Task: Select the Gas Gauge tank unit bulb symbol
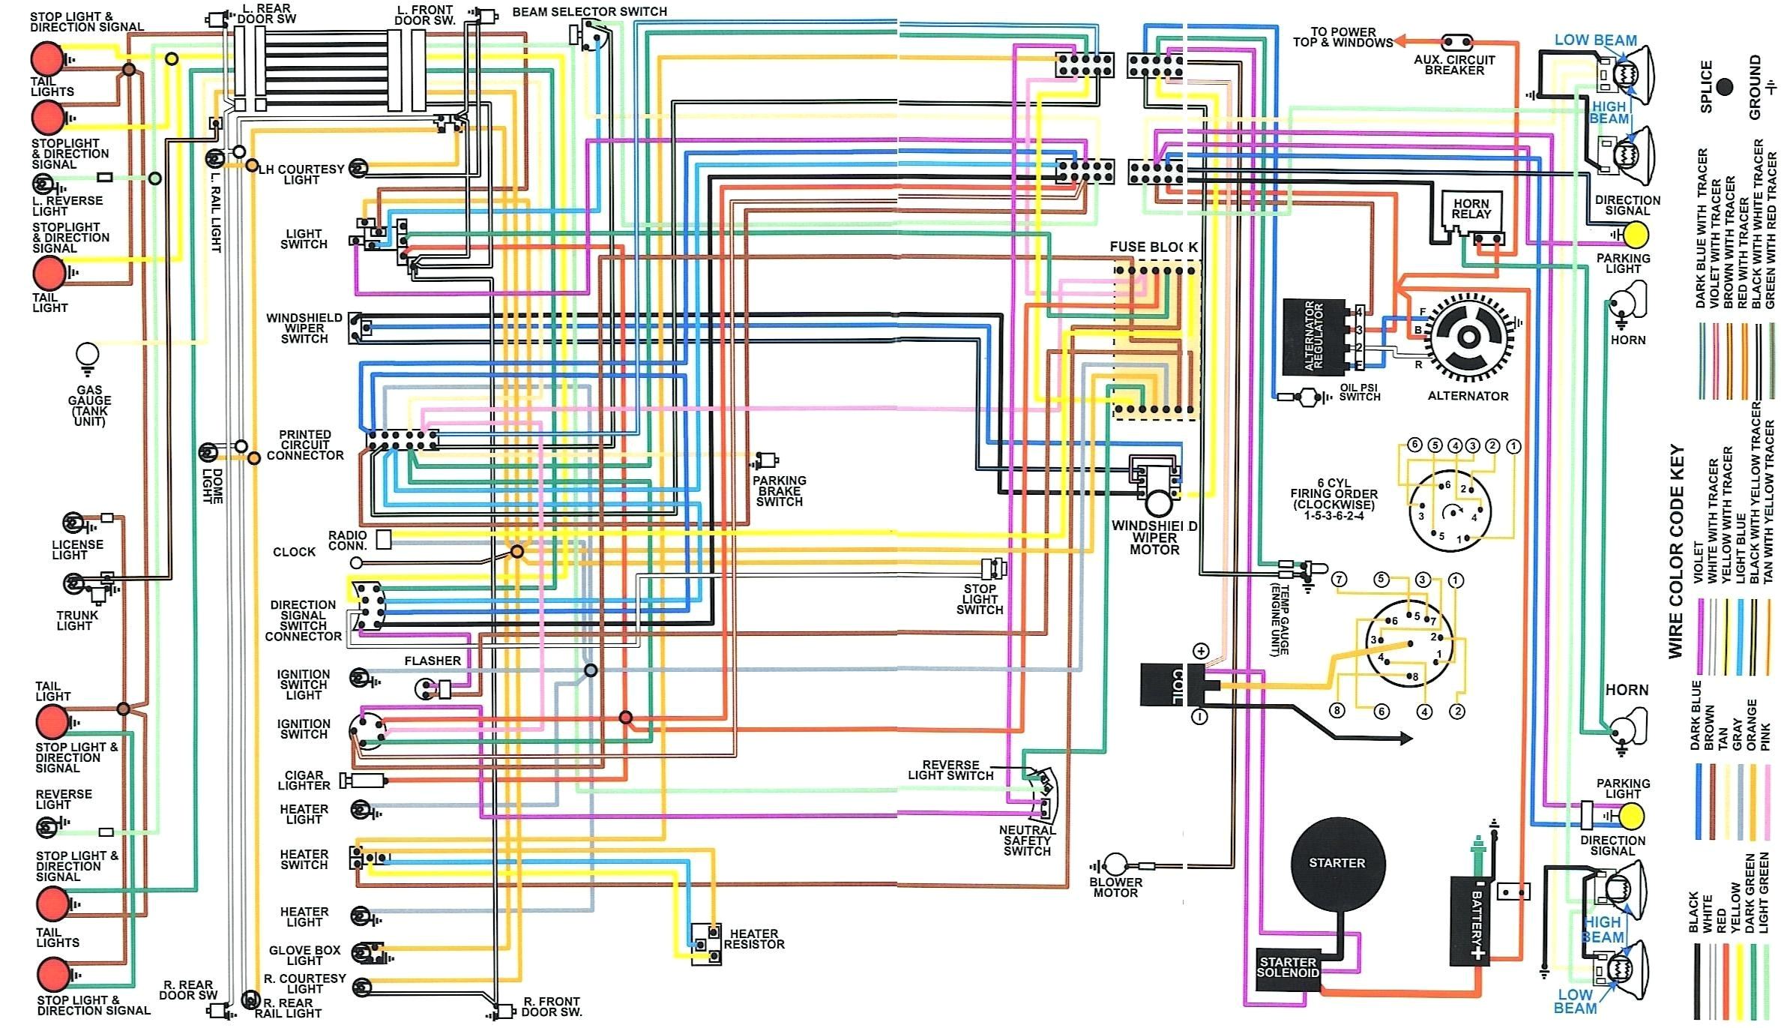[88, 355]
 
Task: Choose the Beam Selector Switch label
[589, 12]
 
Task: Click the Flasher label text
[433, 661]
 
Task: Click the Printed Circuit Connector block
[403, 440]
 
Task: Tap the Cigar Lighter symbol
[364, 781]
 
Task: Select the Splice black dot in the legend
[1724, 87]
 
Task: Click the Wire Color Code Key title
[1676, 552]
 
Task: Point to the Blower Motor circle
[1116, 864]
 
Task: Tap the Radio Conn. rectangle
[383, 539]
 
